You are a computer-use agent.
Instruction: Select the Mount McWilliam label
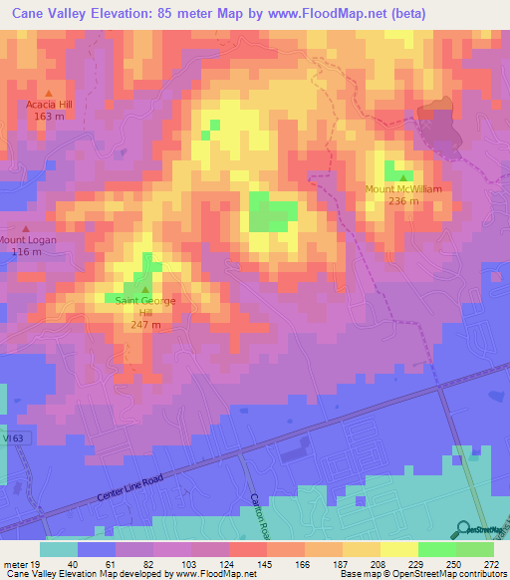(x=402, y=188)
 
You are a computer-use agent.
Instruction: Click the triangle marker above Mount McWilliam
(x=401, y=176)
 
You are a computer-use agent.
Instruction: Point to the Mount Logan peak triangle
(x=26, y=228)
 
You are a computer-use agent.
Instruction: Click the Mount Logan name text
(x=28, y=239)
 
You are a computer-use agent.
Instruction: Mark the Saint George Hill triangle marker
(x=145, y=289)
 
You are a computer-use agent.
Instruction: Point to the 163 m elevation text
(x=49, y=116)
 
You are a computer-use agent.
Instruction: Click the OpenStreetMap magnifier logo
(x=463, y=528)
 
